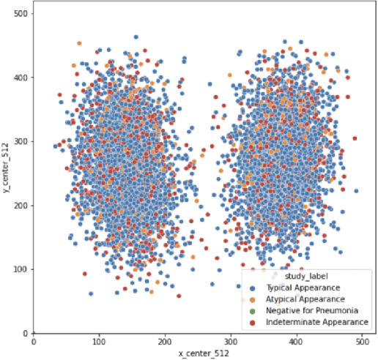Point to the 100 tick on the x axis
pyautogui.click(x=100, y=342)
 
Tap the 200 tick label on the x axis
pyautogui.click(x=165, y=342)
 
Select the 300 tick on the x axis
pyautogui.click(x=231, y=342)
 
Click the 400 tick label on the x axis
pyautogui.click(x=297, y=342)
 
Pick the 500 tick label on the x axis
pyautogui.click(x=362, y=342)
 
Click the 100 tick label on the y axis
pyautogui.click(x=20, y=269)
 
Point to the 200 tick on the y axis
pyautogui.click(x=20, y=206)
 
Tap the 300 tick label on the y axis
pyautogui.click(x=20, y=141)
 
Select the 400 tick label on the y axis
pyautogui.click(x=20, y=78)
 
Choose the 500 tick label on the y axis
pyautogui.click(x=20, y=14)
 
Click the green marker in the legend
pyautogui.click(x=244, y=311)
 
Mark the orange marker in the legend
pyautogui.click(x=244, y=299)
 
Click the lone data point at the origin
pyautogui.click(x=34, y=333)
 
